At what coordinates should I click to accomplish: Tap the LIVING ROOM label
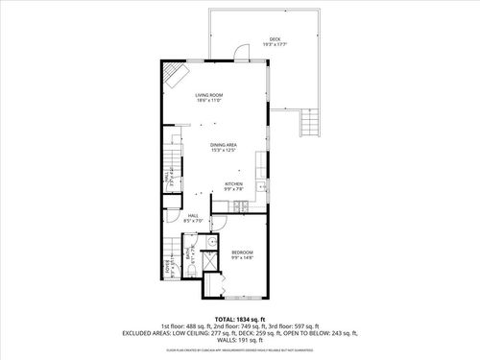(x=210, y=94)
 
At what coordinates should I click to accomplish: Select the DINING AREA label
(x=225, y=144)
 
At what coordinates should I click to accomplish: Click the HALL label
(x=193, y=216)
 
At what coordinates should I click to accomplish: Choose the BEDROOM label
(x=242, y=252)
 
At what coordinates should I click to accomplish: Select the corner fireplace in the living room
(x=173, y=75)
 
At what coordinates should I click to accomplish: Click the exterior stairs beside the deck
(x=308, y=122)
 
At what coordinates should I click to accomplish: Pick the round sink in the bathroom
(x=215, y=243)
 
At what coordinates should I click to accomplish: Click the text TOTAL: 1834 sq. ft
(x=240, y=318)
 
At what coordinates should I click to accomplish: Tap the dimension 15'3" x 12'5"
(x=225, y=150)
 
